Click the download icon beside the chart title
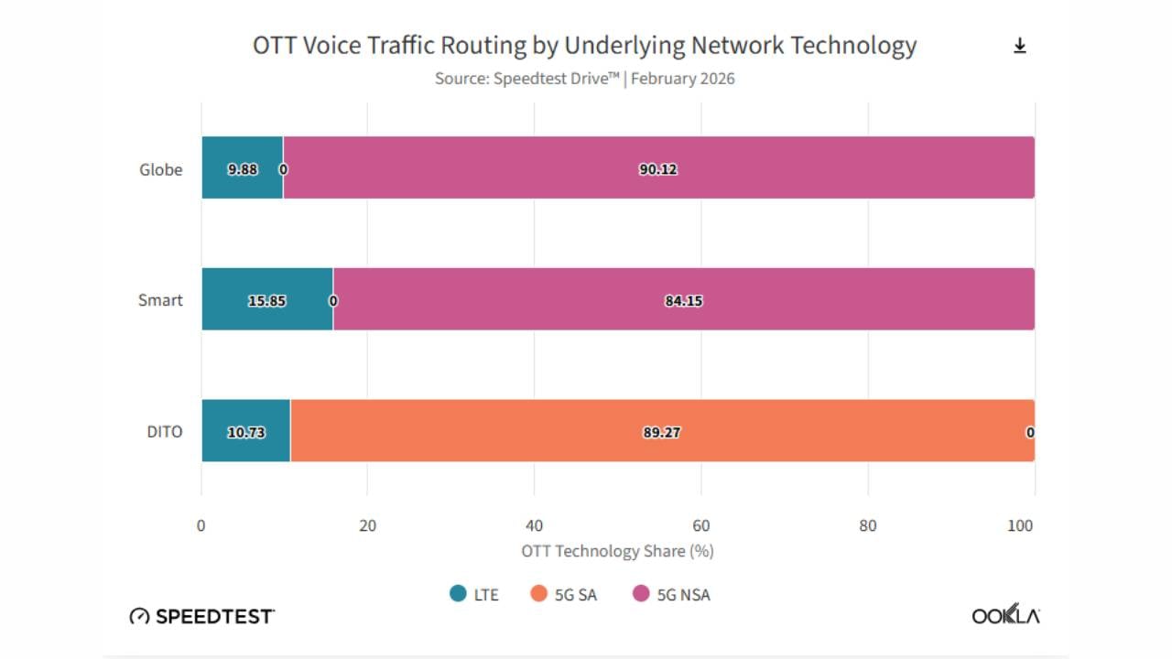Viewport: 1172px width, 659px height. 1020,46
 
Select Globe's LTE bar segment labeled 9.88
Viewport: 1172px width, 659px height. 243,167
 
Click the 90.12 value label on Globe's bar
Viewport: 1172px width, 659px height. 658,169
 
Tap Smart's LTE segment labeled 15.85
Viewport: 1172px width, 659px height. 267,299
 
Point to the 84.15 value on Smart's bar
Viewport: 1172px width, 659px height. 683,301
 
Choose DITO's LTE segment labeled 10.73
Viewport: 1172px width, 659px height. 246,430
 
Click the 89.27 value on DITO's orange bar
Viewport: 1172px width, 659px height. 661,433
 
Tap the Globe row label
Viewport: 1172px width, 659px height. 160,169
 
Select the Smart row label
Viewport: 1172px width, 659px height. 160,300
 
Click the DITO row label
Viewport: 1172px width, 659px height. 164,431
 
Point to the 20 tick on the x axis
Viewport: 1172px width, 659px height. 367,525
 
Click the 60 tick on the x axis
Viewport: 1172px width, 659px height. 701,525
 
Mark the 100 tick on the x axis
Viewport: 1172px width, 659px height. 1020,525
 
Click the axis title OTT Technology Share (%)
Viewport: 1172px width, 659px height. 617,551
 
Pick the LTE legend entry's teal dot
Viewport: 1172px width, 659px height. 458,594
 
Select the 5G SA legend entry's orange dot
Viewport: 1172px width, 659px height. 538,594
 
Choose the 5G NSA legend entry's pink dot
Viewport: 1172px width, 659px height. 641,594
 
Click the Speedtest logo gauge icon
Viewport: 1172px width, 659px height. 139,616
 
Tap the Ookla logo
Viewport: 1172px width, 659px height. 1005,614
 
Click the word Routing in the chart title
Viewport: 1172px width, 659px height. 483,46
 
